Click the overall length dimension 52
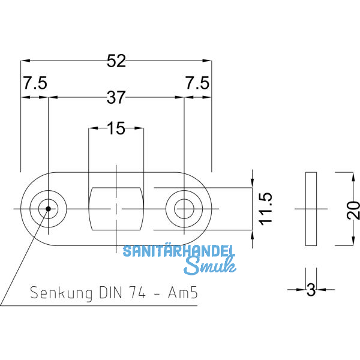(x=116, y=61)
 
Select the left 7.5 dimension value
(x=35, y=84)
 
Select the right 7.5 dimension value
(x=197, y=84)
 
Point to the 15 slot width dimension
(x=116, y=128)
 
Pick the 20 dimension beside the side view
(x=353, y=209)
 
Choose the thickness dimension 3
(x=311, y=290)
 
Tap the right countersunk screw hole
(x=184, y=209)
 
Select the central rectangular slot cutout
(x=116, y=209)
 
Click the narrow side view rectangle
(x=311, y=209)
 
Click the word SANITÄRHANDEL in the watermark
(x=179, y=251)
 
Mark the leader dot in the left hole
(x=46, y=209)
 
